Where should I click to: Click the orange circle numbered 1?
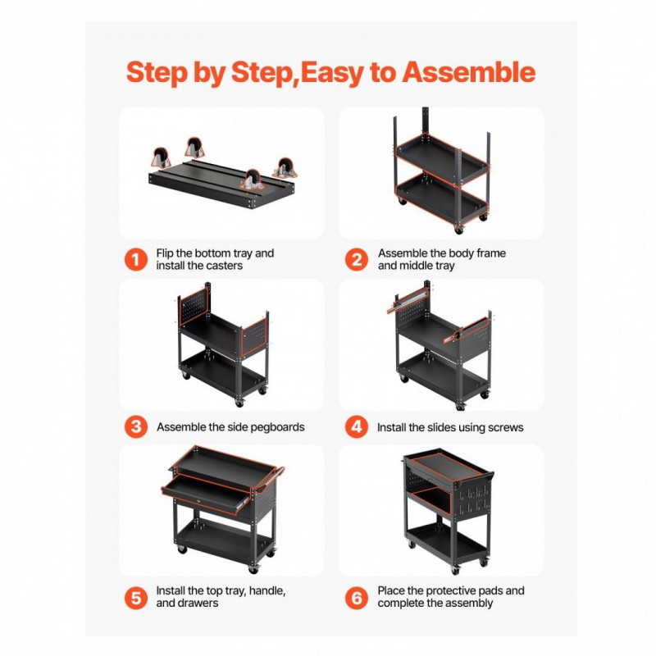(x=136, y=259)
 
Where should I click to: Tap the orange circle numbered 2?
(x=357, y=259)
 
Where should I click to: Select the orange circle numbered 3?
(x=136, y=426)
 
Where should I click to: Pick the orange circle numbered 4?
(x=357, y=426)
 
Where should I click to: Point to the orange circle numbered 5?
(x=136, y=598)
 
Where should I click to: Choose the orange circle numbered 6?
(x=357, y=598)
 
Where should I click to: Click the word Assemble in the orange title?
(x=468, y=72)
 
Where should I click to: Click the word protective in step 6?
(x=452, y=591)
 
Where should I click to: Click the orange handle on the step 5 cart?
(x=270, y=479)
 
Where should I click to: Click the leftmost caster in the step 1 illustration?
(x=161, y=157)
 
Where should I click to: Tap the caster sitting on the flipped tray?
(x=253, y=180)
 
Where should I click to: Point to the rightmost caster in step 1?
(x=285, y=168)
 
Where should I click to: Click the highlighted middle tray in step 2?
(x=442, y=158)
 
